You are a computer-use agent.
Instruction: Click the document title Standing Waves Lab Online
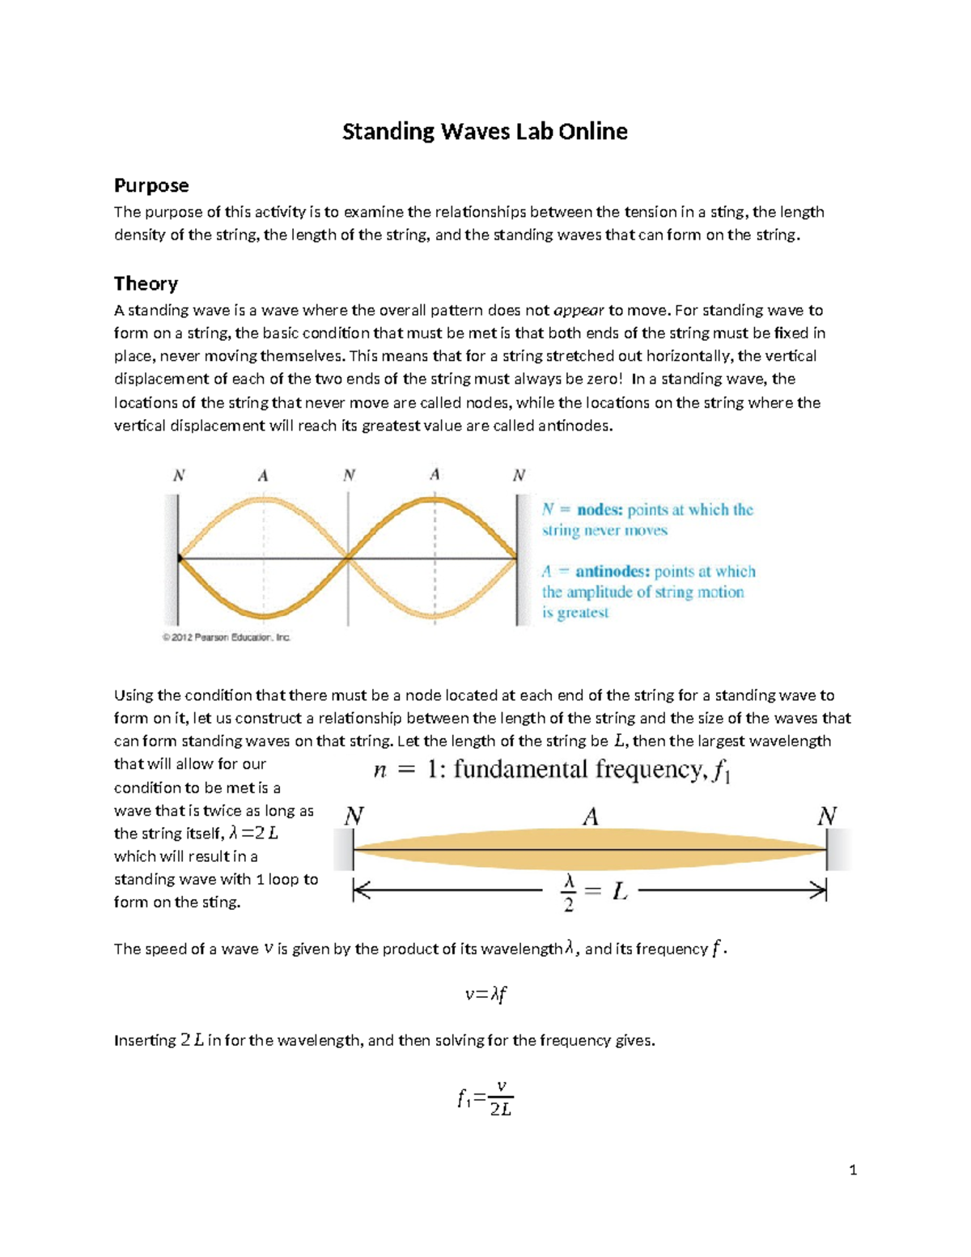[485, 132]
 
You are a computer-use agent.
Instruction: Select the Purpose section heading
[151, 185]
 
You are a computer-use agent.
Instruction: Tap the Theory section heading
[146, 283]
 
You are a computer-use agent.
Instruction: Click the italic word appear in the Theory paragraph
[579, 311]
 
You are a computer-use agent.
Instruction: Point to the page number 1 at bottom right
[853, 1170]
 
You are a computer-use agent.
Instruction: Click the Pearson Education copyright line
[227, 638]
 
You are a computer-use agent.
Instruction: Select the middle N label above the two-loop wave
[349, 475]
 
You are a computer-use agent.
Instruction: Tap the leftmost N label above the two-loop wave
[179, 475]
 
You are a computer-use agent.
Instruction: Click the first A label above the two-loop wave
[263, 476]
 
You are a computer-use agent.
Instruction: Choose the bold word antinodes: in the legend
[613, 571]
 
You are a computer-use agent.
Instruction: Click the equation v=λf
[485, 995]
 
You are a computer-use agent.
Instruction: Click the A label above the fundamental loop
[591, 817]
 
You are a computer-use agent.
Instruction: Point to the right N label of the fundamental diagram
[826, 816]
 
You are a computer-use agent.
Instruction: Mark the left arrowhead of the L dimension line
[360, 892]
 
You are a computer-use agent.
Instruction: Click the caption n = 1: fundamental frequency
[552, 770]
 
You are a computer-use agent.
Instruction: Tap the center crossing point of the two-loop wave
[348, 558]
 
